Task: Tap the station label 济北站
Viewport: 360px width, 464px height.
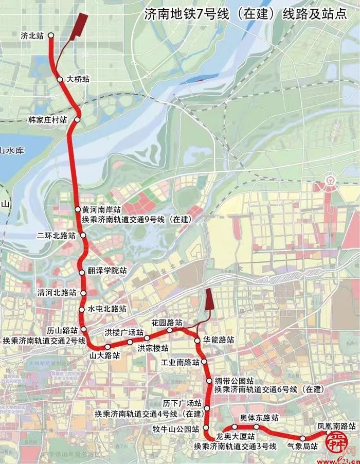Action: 32,36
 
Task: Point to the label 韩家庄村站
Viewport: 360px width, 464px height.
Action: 48,120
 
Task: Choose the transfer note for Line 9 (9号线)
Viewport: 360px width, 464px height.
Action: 136,220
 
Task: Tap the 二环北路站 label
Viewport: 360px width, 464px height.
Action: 56,236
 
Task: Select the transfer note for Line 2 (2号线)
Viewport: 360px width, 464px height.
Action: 44,340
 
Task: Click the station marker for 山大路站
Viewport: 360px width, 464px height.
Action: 107,347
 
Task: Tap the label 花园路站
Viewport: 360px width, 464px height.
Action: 167,323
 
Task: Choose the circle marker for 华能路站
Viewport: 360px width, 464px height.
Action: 197,341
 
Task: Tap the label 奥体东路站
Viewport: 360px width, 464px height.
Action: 260,418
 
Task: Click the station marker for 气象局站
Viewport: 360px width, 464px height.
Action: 303,438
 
